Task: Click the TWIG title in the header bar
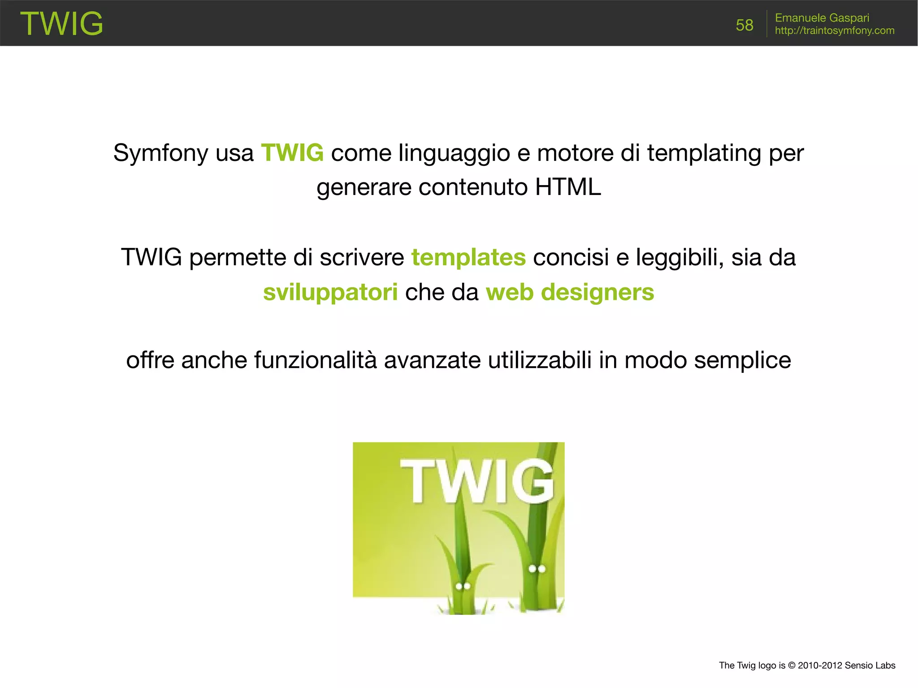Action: tap(61, 23)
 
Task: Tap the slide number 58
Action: tap(744, 25)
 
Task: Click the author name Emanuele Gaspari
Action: tap(822, 18)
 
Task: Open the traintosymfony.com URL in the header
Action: tap(834, 30)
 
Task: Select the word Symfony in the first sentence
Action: tap(161, 153)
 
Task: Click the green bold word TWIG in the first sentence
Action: tap(292, 153)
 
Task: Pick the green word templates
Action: tap(468, 258)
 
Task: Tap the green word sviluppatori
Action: tap(330, 292)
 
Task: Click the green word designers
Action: tap(598, 292)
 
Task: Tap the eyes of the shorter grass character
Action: tap(463, 586)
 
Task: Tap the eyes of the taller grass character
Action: tap(537, 569)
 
